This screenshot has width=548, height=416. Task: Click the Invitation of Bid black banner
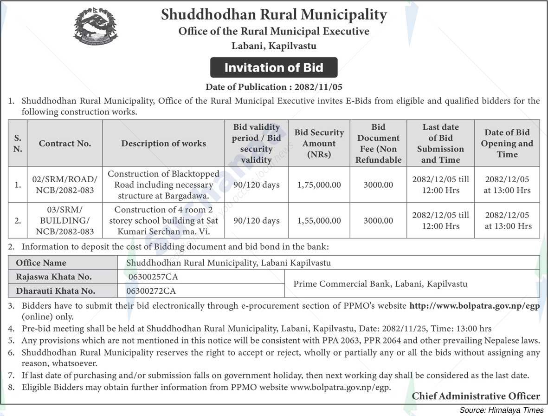(274, 67)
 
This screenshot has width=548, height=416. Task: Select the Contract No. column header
(65, 143)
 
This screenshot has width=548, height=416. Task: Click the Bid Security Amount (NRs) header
(319, 143)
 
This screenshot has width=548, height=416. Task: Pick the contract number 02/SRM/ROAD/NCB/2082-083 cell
(65, 185)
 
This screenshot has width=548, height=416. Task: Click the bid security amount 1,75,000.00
(319, 185)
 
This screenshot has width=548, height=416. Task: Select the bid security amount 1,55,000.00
(319, 221)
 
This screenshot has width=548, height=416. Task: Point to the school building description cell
(163, 221)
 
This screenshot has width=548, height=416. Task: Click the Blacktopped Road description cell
(163, 185)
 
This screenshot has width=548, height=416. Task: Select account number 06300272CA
(152, 291)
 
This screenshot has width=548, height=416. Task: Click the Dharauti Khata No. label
(56, 291)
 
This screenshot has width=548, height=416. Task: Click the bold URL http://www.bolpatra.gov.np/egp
(474, 306)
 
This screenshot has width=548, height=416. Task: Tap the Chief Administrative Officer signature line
(476, 396)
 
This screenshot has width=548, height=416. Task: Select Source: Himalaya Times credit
(501, 410)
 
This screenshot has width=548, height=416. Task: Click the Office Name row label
(41, 263)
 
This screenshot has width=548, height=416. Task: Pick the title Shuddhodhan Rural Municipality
(274, 14)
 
